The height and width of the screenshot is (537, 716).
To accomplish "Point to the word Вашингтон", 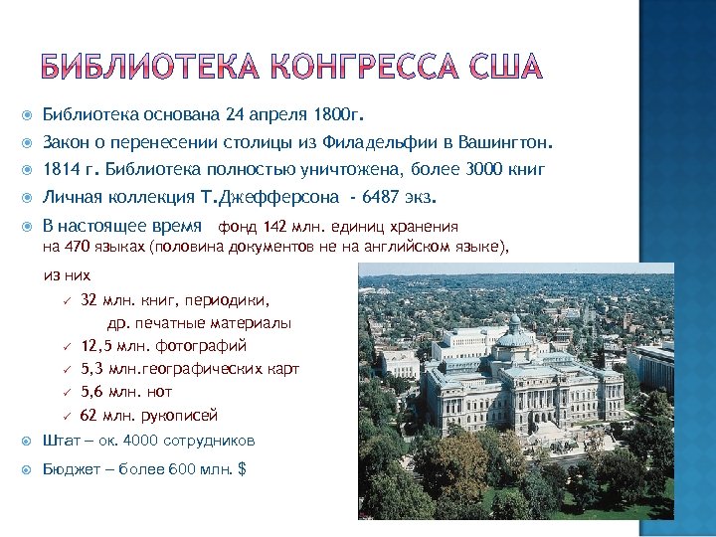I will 503,141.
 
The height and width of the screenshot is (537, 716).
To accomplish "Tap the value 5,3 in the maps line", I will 93,369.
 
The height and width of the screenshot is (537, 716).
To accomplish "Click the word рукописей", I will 179,416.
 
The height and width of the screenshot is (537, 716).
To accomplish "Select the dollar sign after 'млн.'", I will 242,467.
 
